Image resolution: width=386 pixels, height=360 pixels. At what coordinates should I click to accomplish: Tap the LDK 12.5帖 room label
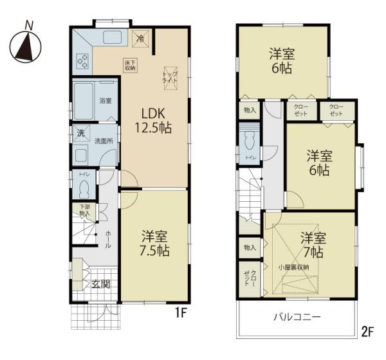(x=152, y=119)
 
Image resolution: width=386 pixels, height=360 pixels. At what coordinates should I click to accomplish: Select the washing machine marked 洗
(x=80, y=133)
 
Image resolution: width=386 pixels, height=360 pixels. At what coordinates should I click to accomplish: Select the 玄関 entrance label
(x=100, y=284)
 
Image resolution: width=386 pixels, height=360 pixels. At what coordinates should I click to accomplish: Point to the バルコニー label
(x=297, y=317)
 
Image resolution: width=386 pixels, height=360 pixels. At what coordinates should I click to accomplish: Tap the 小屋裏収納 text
(x=293, y=266)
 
